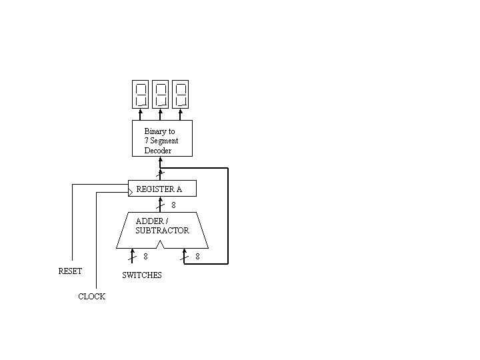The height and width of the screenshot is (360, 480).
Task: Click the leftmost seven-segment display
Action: tap(141, 94)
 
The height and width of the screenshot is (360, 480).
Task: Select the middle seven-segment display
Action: tap(161, 94)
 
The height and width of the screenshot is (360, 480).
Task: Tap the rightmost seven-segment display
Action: tap(181, 94)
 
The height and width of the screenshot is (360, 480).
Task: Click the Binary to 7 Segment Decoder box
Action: tap(162, 138)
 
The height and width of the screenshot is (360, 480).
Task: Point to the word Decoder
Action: tap(158, 151)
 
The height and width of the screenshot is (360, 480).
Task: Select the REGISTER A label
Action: tap(159, 189)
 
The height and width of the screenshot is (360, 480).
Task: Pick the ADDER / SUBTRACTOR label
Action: tap(162, 226)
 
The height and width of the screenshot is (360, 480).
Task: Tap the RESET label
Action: tap(70, 271)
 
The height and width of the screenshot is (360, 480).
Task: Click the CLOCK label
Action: tap(91, 297)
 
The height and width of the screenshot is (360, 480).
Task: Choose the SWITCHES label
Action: tap(141, 275)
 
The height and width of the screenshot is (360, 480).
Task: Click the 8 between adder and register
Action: tap(173, 205)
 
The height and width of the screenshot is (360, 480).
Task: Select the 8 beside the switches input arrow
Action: tap(145, 256)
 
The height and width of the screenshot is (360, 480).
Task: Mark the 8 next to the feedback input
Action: tap(197, 256)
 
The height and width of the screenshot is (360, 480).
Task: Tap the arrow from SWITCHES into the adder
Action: tap(132, 255)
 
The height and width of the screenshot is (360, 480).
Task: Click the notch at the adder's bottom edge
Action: tap(160, 245)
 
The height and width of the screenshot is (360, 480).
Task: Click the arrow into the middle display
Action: tap(161, 114)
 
